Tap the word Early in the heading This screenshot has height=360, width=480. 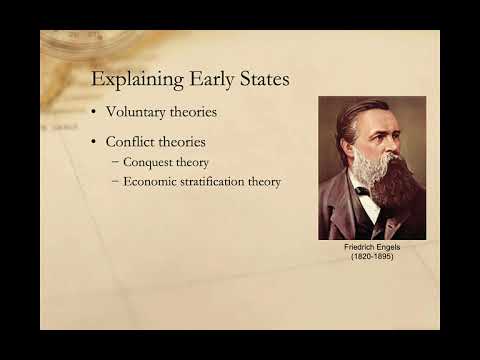[200, 79]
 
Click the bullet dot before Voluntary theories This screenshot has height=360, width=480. [95, 113]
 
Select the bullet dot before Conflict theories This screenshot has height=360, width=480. [95, 142]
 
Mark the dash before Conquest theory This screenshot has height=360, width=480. [115, 161]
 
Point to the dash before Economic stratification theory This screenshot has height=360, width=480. [115, 181]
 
